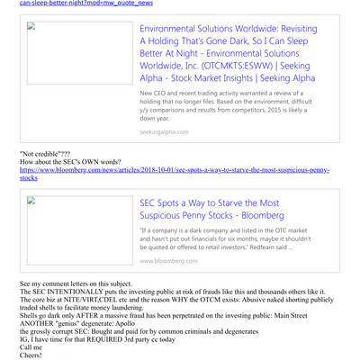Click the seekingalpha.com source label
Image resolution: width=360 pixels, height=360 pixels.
coord(164,132)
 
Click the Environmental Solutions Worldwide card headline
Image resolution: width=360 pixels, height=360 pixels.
coord(227,54)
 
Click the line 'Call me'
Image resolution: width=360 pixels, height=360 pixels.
coord(31,346)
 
